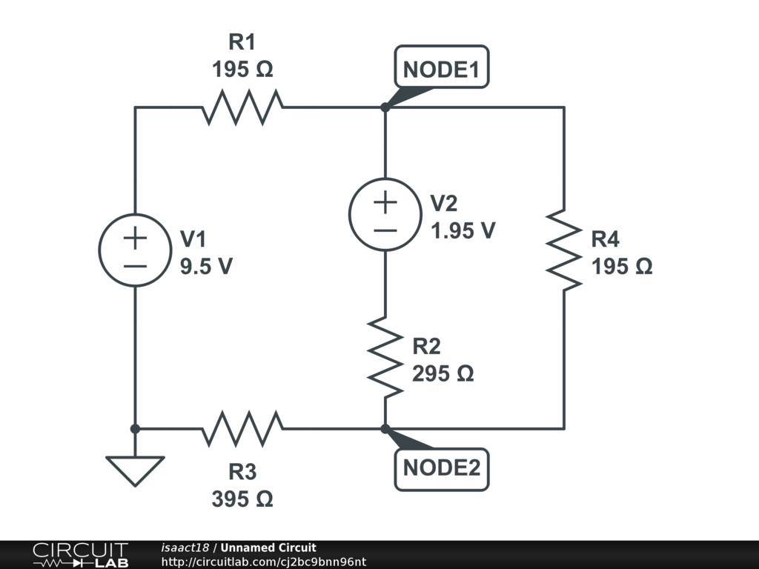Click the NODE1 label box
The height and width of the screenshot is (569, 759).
pos(442,67)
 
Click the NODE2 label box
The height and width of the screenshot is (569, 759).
pos(442,469)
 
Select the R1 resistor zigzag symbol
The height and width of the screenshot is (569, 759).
pos(242,107)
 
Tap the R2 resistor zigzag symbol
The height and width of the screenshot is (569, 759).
pos(385,358)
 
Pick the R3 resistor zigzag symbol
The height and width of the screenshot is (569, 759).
pos(242,429)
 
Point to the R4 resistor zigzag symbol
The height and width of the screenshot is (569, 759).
pos(564,250)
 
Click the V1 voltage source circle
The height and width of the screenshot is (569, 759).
pos(135,250)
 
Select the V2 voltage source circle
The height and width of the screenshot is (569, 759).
pos(385,214)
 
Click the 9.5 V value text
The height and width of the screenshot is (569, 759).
pos(206,266)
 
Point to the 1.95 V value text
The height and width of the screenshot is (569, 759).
pos(463,230)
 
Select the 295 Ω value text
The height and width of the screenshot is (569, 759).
pos(443,373)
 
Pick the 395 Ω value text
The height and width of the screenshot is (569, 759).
pos(242,499)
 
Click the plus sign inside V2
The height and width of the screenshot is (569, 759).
pos(385,202)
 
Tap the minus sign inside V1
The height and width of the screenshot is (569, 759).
pos(135,266)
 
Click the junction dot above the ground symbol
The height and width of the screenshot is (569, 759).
pos(135,429)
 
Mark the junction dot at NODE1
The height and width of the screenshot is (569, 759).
pos(385,107)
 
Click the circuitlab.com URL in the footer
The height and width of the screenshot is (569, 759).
pos(263,562)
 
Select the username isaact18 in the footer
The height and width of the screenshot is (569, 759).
pos(185,548)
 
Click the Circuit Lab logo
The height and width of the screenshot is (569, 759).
pos(80,554)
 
